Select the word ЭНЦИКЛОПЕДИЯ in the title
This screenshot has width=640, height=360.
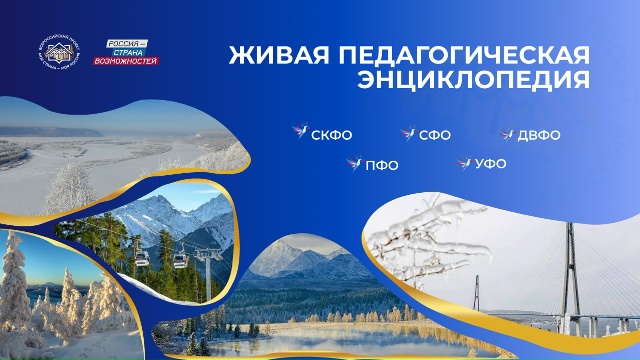pyautogui.click(x=473, y=78)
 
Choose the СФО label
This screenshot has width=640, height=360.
pyautogui.click(x=433, y=134)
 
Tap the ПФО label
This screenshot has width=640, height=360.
pyautogui.click(x=381, y=165)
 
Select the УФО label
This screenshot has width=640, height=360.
pyautogui.click(x=490, y=164)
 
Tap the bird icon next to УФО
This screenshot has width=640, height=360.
pyautogui.click(x=464, y=163)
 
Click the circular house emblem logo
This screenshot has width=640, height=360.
pyautogui.click(x=63, y=51)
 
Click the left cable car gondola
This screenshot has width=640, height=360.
pyautogui.click(x=143, y=258)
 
